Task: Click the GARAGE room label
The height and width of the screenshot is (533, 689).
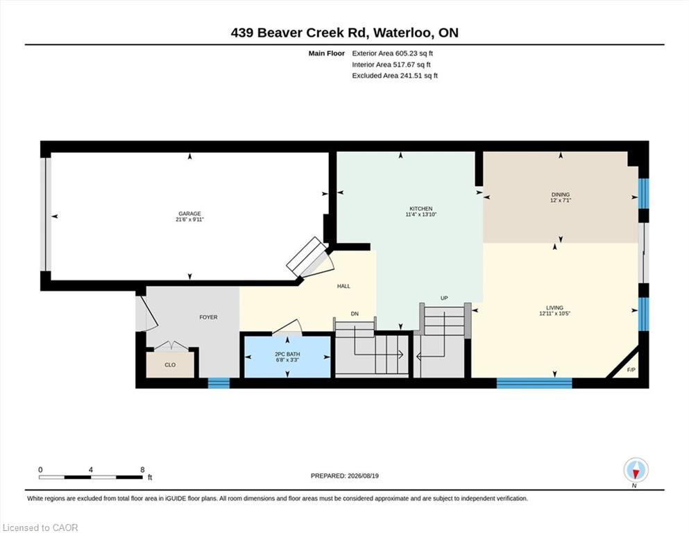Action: point(189,214)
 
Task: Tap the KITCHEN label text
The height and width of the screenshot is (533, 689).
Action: point(421,209)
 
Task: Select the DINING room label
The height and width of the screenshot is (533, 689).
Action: point(560,194)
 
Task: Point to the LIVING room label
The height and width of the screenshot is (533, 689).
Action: point(554,308)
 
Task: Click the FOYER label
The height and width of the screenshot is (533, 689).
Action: point(208,317)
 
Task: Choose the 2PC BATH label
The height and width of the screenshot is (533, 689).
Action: point(287,354)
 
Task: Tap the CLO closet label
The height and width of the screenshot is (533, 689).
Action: point(170,365)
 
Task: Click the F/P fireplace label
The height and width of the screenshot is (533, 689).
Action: point(631,370)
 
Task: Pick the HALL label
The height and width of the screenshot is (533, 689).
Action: point(343,286)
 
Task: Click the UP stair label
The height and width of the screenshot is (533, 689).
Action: point(444,298)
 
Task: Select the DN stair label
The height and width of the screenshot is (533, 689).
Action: point(355,314)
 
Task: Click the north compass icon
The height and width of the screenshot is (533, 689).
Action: point(636,471)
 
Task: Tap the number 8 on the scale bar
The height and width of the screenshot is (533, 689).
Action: point(142,470)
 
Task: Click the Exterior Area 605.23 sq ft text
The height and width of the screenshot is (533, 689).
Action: point(393,53)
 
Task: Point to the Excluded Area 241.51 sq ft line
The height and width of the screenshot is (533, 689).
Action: point(395,76)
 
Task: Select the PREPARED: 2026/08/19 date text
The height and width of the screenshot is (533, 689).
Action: point(344,476)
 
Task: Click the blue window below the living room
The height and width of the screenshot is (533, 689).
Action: point(534,383)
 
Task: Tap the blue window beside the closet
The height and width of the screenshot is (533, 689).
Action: point(219,383)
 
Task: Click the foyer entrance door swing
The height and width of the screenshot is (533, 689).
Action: point(147,313)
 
